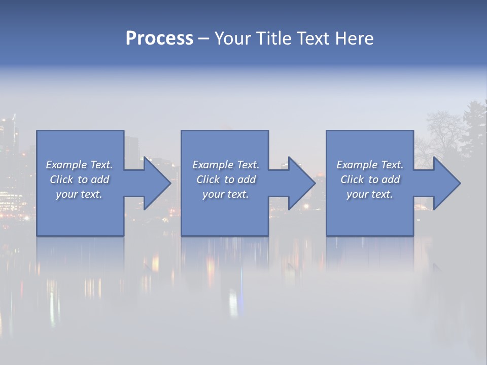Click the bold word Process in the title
pyautogui.click(x=159, y=39)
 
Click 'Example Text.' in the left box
pyautogui.click(x=79, y=165)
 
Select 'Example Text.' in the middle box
pyautogui.click(x=225, y=165)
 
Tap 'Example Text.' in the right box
pyautogui.click(x=370, y=165)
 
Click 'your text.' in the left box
pyautogui.click(x=79, y=194)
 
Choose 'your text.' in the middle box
pyautogui.click(x=225, y=194)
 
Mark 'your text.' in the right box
pyautogui.click(x=370, y=194)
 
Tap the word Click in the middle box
pyautogui.click(x=208, y=179)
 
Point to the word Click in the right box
pyautogui.click(x=352, y=179)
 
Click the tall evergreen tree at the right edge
pyautogui.click(x=474, y=127)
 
